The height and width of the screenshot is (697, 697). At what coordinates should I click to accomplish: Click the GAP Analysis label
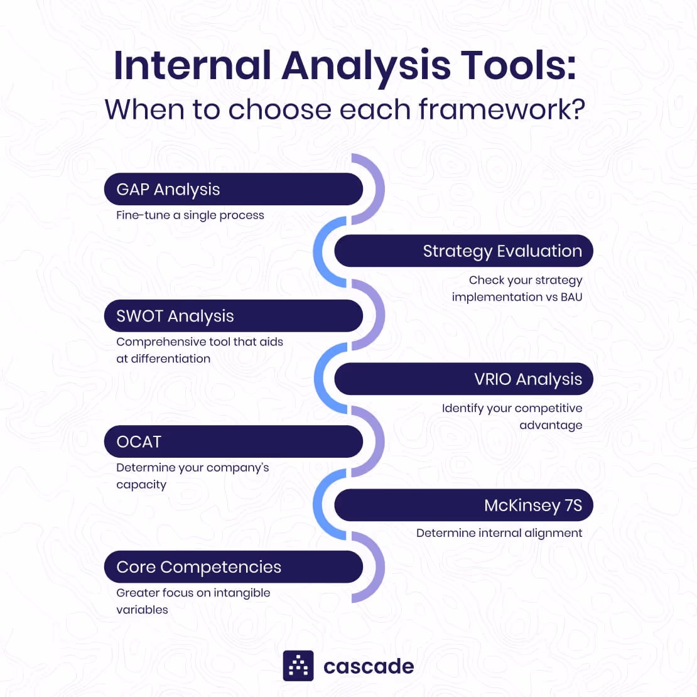pyautogui.click(x=168, y=190)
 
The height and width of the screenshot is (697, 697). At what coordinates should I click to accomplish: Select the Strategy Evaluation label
pyautogui.click(x=502, y=251)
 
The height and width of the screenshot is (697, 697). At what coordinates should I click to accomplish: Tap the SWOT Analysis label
pyautogui.click(x=175, y=316)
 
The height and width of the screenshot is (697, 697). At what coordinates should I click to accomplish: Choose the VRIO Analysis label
pyautogui.click(x=528, y=379)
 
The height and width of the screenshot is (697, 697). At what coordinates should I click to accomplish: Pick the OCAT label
pyautogui.click(x=139, y=442)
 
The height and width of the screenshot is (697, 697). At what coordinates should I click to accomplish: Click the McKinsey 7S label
pyautogui.click(x=533, y=505)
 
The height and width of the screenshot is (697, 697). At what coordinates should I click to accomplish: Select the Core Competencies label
pyautogui.click(x=198, y=567)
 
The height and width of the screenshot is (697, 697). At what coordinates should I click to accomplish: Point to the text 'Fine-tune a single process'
pyautogui.click(x=190, y=215)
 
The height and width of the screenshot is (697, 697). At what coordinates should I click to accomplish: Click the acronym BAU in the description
pyautogui.click(x=571, y=297)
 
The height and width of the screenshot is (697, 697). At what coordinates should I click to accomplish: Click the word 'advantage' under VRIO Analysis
pyautogui.click(x=551, y=425)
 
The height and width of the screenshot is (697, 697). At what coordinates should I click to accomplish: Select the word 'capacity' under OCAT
pyautogui.click(x=141, y=485)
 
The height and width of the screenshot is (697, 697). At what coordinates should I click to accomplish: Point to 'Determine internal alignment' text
pyautogui.click(x=499, y=533)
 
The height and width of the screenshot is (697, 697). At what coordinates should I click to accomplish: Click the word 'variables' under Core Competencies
pyautogui.click(x=142, y=610)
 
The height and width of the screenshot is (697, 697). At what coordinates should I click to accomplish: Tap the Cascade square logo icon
pyautogui.click(x=298, y=666)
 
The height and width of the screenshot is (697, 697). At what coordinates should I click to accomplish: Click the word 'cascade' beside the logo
pyautogui.click(x=369, y=666)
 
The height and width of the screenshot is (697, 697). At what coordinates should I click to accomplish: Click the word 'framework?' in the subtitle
pyautogui.click(x=502, y=109)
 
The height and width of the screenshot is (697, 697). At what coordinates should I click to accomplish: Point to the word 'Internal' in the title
pyautogui.click(x=192, y=65)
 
